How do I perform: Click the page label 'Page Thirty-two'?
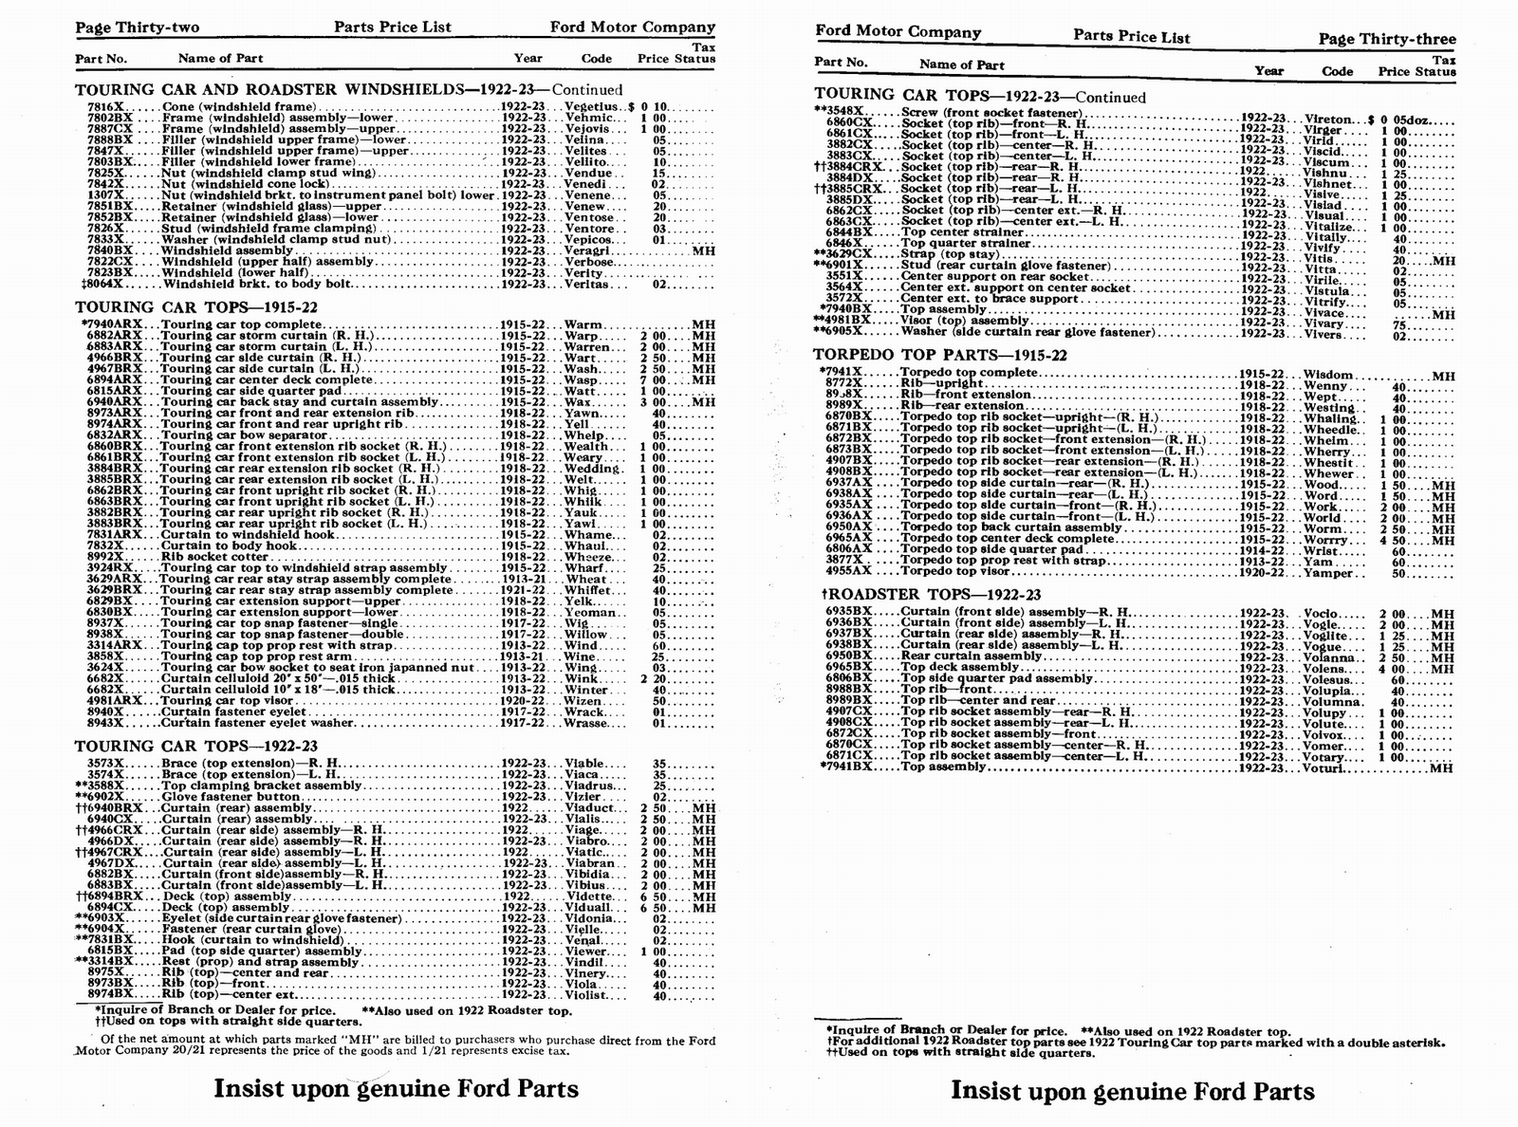point(138,28)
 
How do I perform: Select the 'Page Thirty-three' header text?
point(1386,39)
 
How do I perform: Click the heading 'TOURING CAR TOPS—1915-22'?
point(195,307)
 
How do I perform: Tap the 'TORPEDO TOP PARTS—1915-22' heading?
point(940,355)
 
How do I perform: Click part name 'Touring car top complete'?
point(242,324)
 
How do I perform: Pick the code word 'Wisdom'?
point(1329,375)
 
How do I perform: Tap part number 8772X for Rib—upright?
point(844,384)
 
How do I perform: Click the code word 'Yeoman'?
point(590,612)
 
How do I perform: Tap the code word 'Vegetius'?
point(593,106)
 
